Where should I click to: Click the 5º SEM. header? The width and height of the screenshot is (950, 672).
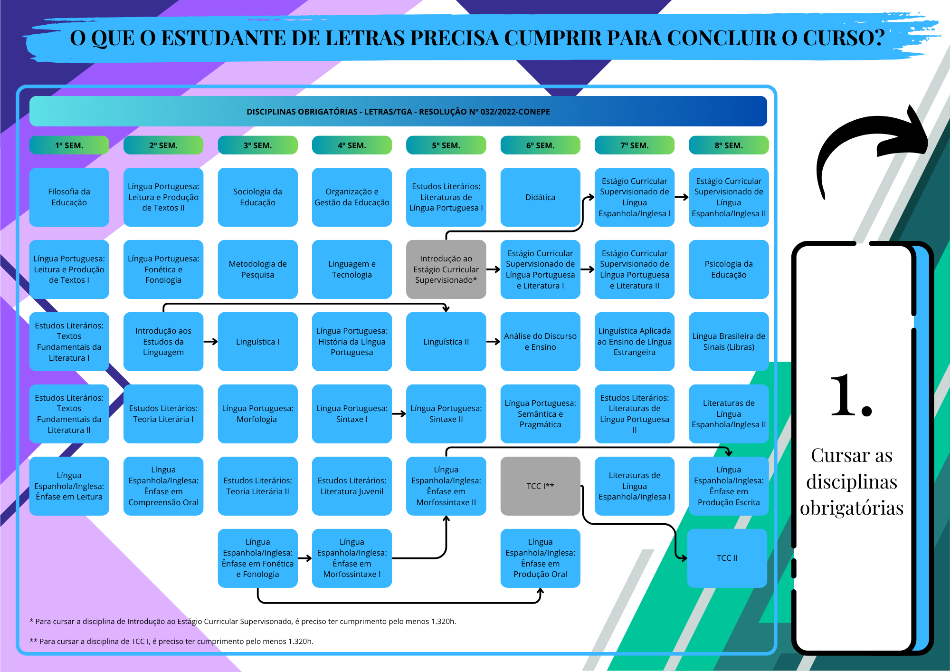pyautogui.click(x=446, y=145)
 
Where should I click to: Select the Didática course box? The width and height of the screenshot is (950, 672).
pyautogui.click(x=540, y=197)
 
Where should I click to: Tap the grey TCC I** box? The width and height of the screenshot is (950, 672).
pyautogui.click(x=540, y=486)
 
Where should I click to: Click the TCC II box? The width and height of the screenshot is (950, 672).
pyautogui.click(x=727, y=558)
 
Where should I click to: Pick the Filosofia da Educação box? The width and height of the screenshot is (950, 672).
pyautogui.click(x=69, y=197)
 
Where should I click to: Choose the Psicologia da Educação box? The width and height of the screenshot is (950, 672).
pyautogui.click(x=729, y=269)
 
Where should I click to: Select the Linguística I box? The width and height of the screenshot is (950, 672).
pyautogui.click(x=257, y=342)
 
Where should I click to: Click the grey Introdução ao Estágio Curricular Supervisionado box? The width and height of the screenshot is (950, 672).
pyautogui.click(x=446, y=269)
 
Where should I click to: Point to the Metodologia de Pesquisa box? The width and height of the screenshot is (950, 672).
pyautogui.click(x=257, y=269)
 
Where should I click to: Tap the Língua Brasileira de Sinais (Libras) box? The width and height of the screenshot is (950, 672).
pyautogui.click(x=729, y=342)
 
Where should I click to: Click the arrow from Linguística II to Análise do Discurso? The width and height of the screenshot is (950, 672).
pyautogui.click(x=494, y=342)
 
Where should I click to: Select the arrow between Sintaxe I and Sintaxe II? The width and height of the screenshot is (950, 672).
pyautogui.click(x=399, y=414)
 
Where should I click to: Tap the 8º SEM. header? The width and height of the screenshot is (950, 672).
pyautogui.click(x=729, y=145)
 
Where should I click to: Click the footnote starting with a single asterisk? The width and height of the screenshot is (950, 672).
pyautogui.click(x=243, y=622)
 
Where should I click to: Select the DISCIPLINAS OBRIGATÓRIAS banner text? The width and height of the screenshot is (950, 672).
pyautogui.click(x=398, y=112)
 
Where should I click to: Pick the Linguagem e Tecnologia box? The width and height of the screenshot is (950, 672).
pyautogui.click(x=352, y=269)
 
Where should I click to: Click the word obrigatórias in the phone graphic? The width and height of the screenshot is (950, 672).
pyautogui.click(x=852, y=509)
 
